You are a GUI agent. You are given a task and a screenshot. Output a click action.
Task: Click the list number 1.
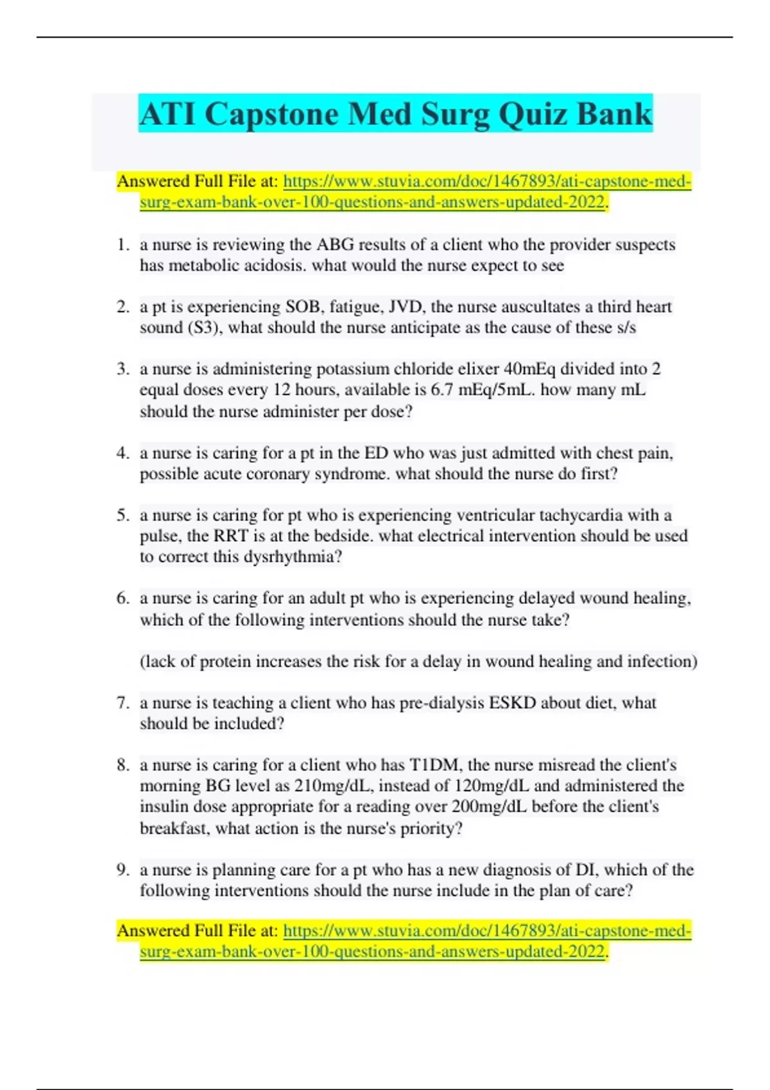pyautogui.click(x=123, y=244)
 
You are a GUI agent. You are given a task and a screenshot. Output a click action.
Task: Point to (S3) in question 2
pyautogui.click(x=203, y=328)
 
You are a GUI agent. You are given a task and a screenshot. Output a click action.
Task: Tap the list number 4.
pyautogui.click(x=123, y=453)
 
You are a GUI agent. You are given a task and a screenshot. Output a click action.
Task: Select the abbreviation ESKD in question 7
pyautogui.click(x=512, y=703)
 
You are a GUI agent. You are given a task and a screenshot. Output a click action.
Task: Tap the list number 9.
pyautogui.click(x=123, y=869)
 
